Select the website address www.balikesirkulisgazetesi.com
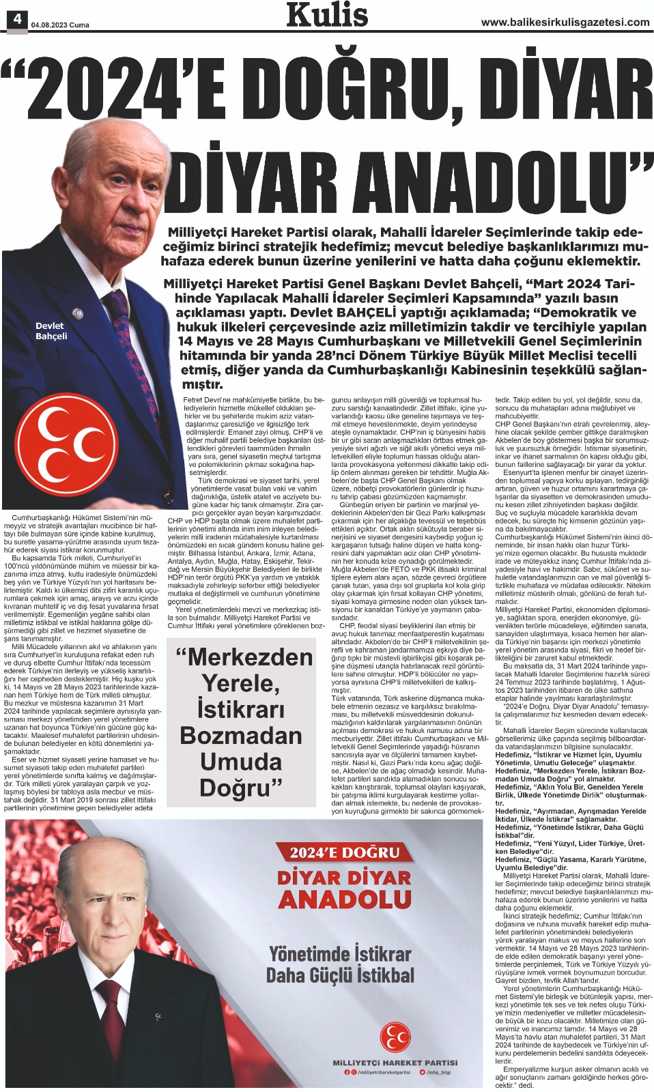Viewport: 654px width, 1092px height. (x=565, y=23)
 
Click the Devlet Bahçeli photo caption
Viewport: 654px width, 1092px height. (x=51, y=331)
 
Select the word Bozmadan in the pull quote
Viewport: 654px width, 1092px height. (x=240, y=736)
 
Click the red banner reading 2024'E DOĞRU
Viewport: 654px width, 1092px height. (x=345, y=852)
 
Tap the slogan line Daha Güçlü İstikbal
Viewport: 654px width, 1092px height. (x=340, y=975)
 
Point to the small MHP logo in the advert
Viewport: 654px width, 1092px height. (x=395, y=1036)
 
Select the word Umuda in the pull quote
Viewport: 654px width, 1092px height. (x=240, y=762)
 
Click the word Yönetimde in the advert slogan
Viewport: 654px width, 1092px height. (x=311, y=953)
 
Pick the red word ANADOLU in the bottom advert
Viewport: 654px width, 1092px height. (x=345, y=900)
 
